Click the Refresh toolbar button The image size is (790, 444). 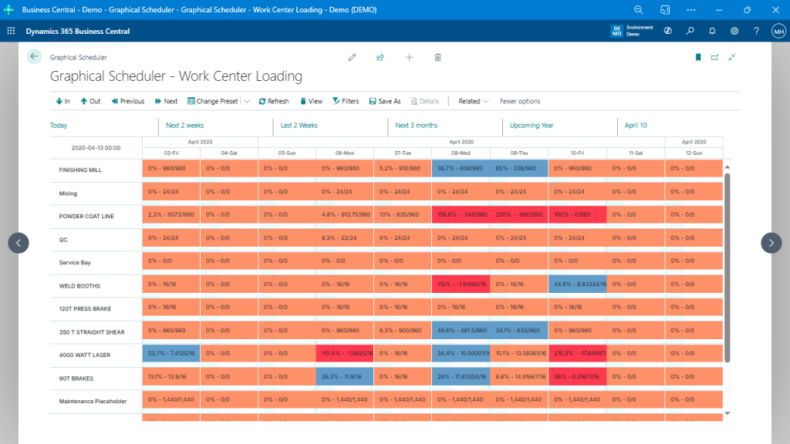pos(273,101)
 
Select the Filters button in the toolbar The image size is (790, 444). pos(345,101)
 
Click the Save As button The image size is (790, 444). pos(385,101)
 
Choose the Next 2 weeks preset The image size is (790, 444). pos(185,125)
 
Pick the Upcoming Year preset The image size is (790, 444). pos(532,125)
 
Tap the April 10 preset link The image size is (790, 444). pos(636,125)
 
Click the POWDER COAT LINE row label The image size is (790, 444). pos(86,216)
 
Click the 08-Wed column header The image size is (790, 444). pos(461,153)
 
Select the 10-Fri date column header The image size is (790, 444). pos(577,153)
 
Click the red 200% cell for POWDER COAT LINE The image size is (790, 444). pos(518,215)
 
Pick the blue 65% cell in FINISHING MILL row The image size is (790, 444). pos(518,168)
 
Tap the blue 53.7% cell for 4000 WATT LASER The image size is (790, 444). pos(170,354)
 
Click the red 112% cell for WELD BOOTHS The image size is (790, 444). pos(461,284)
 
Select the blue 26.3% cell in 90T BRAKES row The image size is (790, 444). pos(345,377)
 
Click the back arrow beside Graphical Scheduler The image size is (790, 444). pos(34,56)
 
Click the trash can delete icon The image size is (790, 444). pos(437,57)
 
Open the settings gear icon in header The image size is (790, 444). pos(734,31)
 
